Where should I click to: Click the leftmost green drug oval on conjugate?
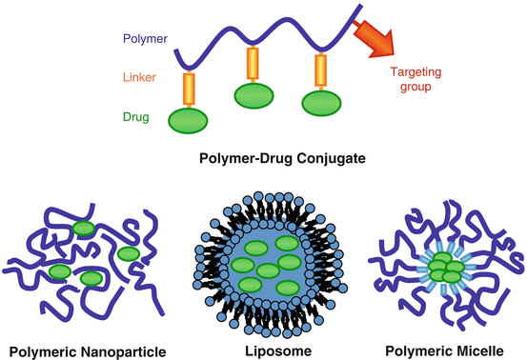tap(189, 121)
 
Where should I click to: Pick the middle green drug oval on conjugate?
tap(253, 95)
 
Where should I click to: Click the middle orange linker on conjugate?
tap(253, 64)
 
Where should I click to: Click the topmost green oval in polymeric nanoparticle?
tap(84, 228)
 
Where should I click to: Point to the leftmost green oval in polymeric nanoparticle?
tap(59, 272)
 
